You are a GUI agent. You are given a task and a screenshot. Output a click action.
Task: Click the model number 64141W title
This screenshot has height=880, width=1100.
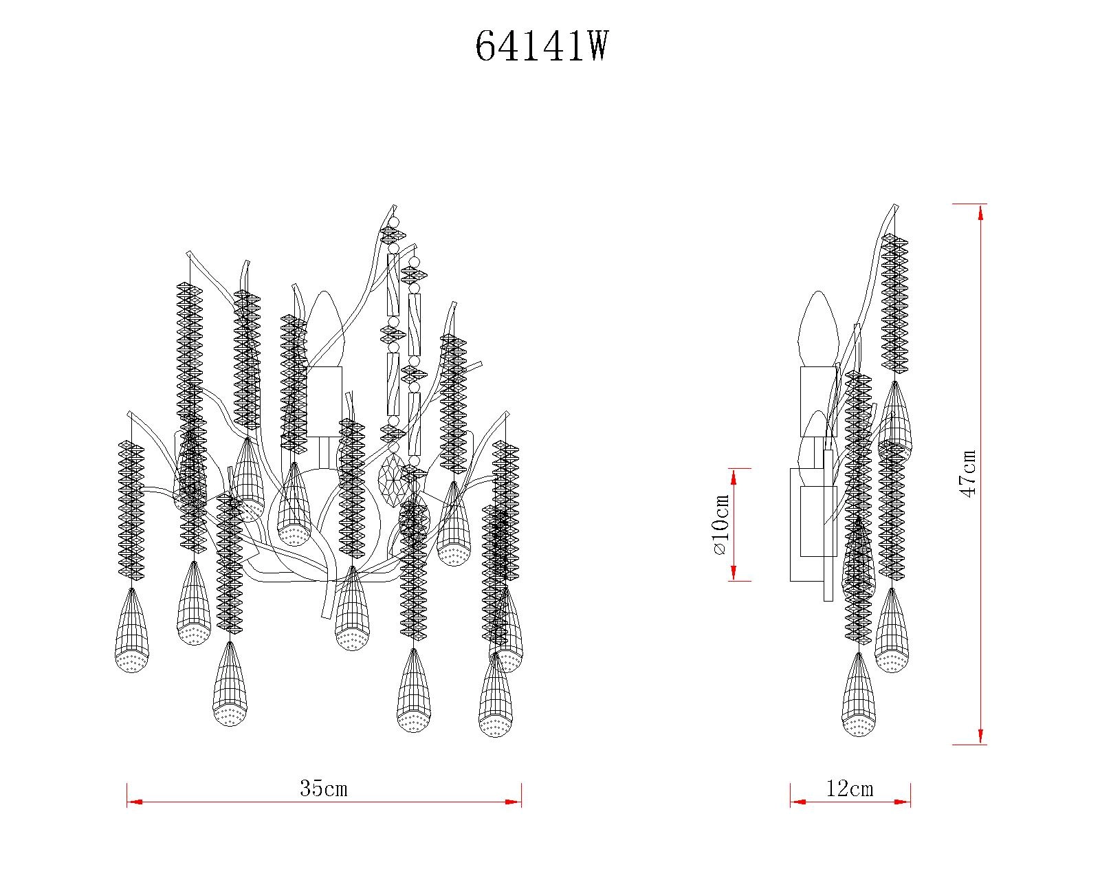(542, 47)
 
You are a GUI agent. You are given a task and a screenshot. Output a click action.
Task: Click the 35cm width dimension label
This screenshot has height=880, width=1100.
(323, 789)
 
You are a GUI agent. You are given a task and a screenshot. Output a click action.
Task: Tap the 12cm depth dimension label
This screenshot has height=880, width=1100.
(850, 789)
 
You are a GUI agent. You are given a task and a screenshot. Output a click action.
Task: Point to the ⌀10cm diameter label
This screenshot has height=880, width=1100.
(720, 525)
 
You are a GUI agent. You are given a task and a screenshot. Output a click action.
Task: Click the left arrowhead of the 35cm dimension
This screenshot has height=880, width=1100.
(135, 802)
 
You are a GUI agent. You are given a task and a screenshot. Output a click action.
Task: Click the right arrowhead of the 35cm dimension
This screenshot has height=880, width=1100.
(514, 802)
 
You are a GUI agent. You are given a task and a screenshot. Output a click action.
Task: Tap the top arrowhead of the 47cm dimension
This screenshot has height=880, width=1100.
(980, 212)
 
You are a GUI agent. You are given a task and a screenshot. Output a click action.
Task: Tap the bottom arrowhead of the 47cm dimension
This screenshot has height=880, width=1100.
(980, 736)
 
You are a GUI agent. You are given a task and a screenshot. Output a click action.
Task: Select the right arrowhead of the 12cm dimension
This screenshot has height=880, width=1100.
(903, 802)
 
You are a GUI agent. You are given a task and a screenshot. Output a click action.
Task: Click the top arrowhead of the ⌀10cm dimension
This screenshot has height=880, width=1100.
(734, 476)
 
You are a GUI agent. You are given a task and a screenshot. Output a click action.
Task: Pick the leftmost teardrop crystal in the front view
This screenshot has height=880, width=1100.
(131, 632)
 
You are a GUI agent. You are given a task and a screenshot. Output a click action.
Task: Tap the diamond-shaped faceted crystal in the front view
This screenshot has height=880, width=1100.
(393, 478)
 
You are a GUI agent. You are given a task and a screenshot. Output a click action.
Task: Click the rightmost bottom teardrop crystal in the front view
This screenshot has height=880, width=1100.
(496, 698)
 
